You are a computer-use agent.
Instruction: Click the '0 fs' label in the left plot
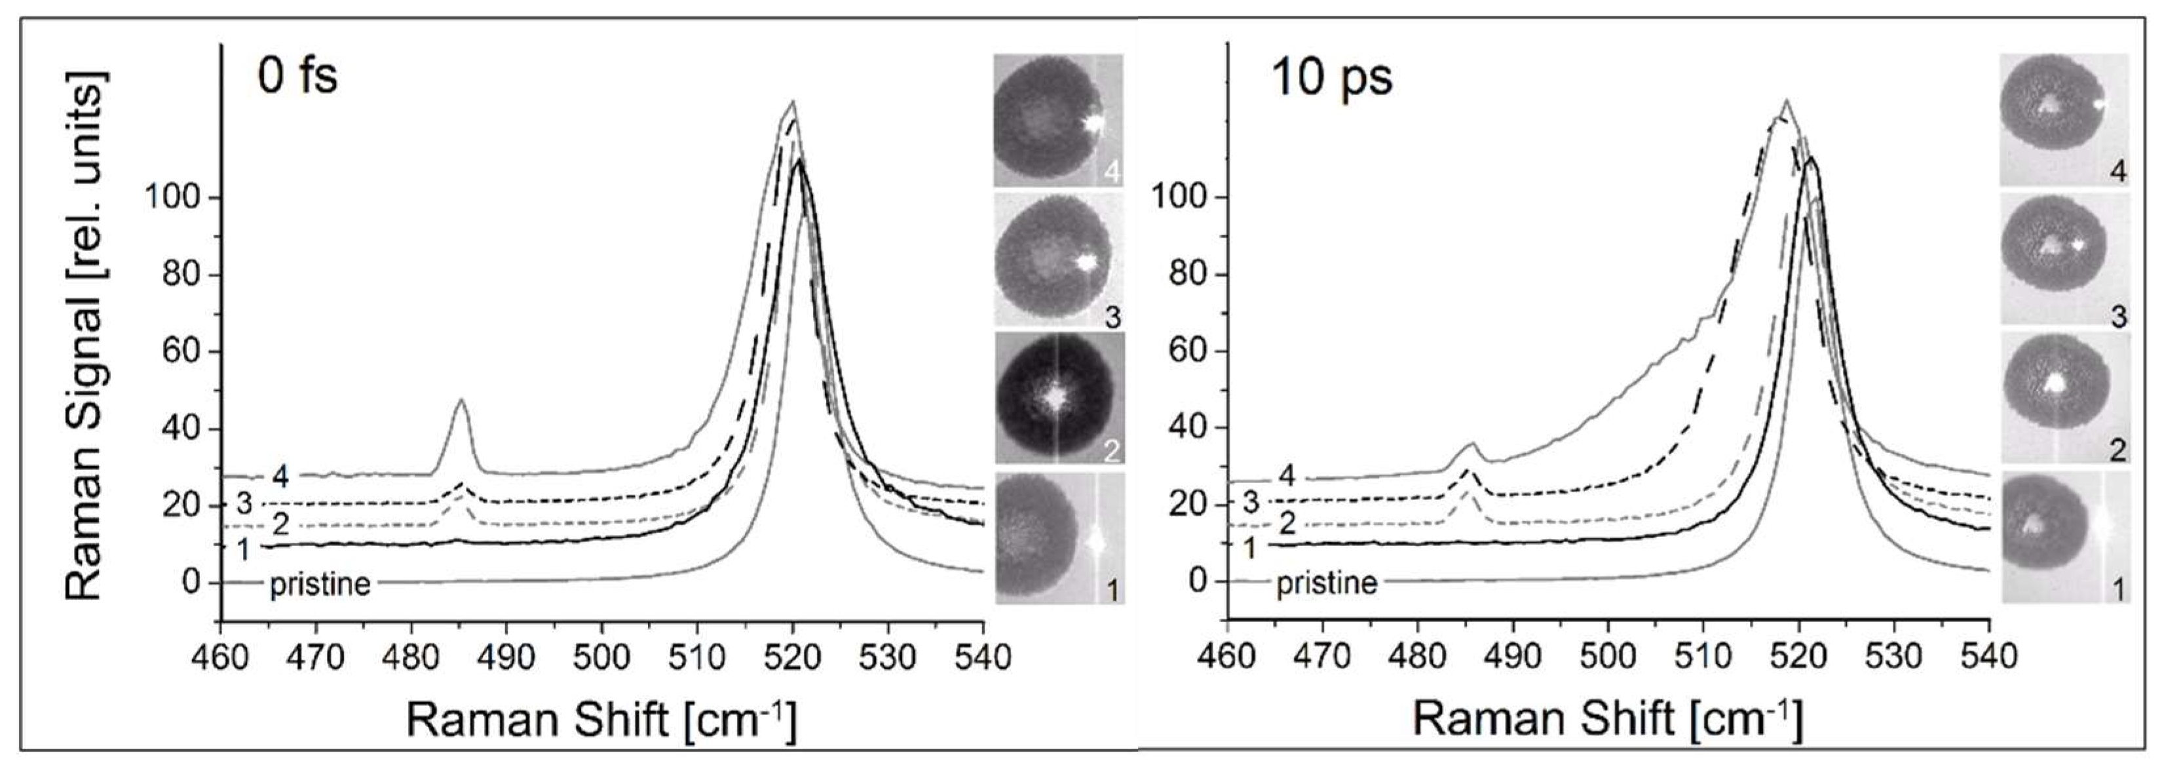coord(297,77)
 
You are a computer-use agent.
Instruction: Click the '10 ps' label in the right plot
coord(1332,78)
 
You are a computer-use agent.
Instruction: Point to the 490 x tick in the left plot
coord(506,655)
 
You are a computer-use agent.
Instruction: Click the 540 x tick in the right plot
coord(1989,655)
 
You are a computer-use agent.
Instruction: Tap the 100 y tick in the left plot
coord(172,198)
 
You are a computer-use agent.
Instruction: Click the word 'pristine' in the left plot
coord(320,583)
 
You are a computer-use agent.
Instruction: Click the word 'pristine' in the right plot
coord(1327,583)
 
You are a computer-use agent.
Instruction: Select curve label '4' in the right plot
coord(1287,476)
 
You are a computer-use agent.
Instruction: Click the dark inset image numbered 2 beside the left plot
coord(1058,398)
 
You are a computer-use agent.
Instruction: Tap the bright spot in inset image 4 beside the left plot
coord(1092,123)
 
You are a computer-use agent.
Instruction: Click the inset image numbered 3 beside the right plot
coord(2063,258)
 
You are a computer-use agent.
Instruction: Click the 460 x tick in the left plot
coord(220,655)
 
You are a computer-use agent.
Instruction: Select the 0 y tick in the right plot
coord(1198,581)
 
